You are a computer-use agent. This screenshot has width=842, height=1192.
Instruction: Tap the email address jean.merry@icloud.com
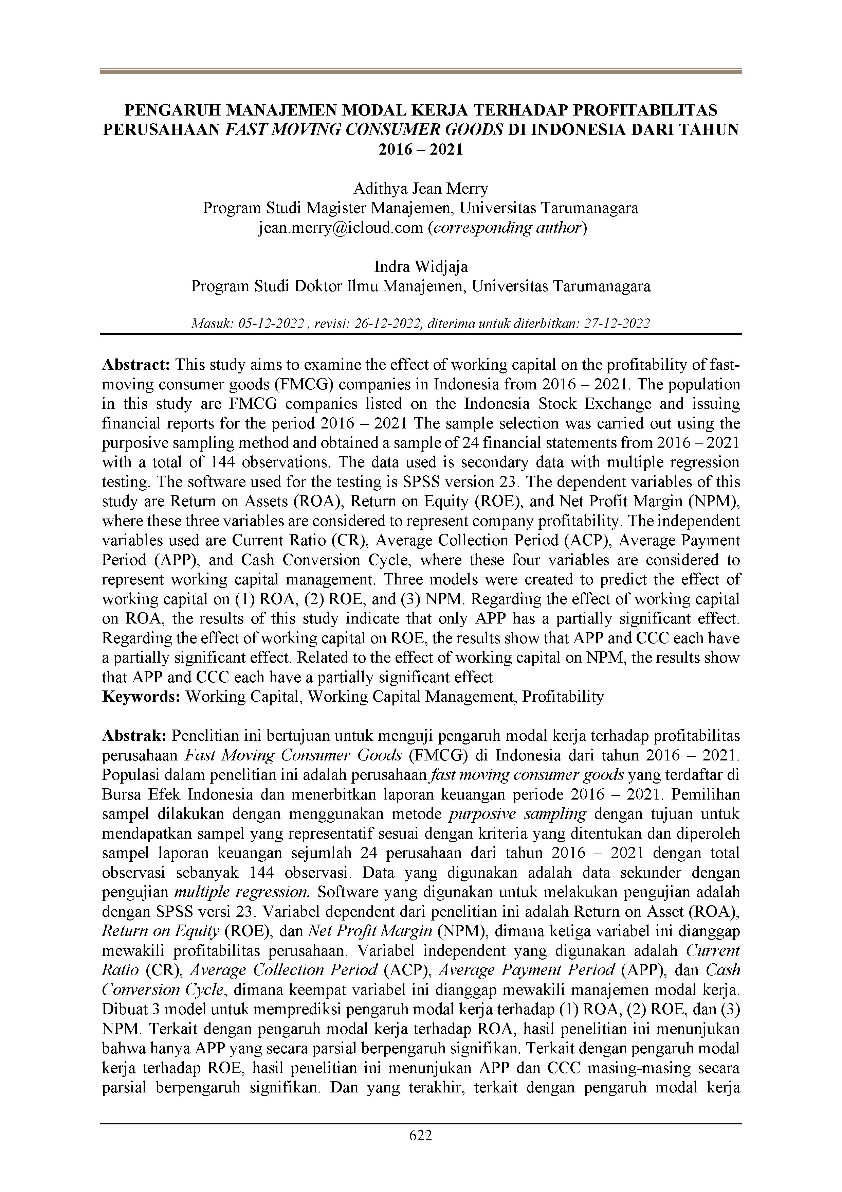(x=340, y=228)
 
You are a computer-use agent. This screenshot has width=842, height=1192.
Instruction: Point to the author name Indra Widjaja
(x=421, y=267)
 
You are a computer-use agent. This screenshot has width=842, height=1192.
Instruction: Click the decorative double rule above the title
(x=421, y=72)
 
